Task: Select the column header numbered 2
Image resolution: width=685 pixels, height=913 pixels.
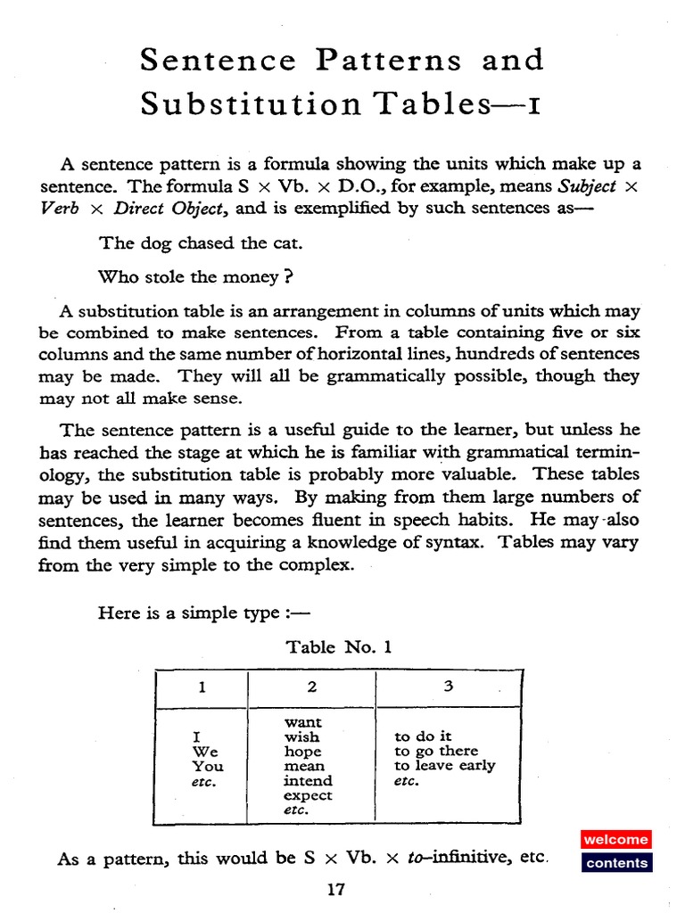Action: tap(311, 687)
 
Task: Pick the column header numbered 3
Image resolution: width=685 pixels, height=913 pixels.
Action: tap(448, 687)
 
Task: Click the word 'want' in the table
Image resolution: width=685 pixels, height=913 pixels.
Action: tap(302, 722)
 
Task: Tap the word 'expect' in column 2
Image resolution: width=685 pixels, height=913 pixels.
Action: tap(308, 795)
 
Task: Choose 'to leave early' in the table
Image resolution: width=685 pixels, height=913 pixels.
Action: tap(444, 766)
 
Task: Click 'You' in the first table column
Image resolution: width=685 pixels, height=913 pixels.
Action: tap(208, 766)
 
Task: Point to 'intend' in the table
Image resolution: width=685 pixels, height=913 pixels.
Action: tap(308, 781)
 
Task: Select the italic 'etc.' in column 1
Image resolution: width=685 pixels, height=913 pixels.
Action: tap(204, 781)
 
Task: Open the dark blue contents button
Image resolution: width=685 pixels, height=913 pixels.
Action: tap(617, 863)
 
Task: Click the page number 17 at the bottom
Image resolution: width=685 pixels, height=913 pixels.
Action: tap(336, 889)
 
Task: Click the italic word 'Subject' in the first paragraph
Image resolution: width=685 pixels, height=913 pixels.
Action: tap(586, 186)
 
